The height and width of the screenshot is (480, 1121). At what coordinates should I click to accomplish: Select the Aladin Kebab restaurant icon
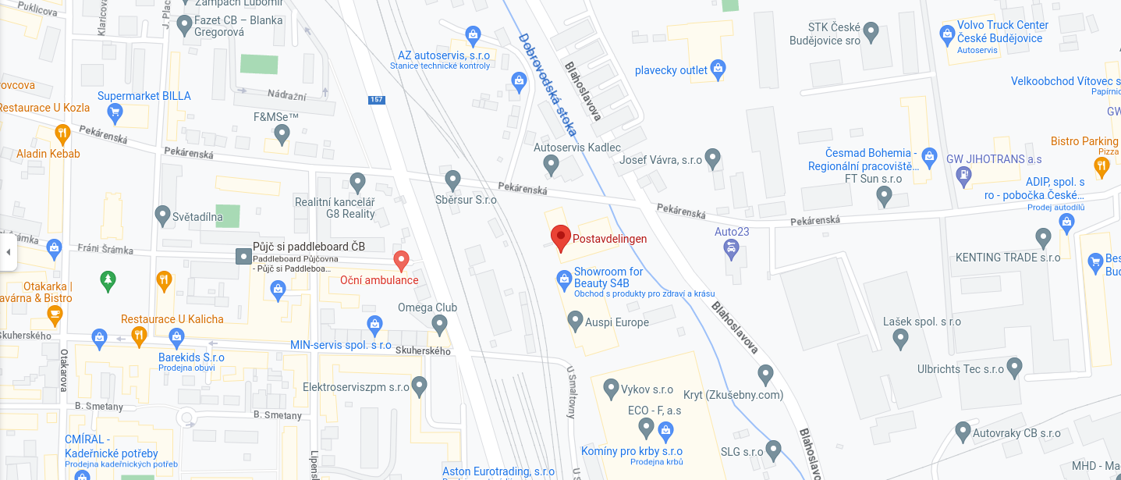click(x=62, y=133)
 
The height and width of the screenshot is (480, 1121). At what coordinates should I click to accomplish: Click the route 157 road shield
click(x=377, y=99)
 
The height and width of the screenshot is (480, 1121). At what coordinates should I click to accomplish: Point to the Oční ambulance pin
click(x=401, y=260)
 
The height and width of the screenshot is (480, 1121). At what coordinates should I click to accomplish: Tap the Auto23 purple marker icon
click(x=731, y=249)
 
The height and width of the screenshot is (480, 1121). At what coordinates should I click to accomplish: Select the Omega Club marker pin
click(x=439, y=324)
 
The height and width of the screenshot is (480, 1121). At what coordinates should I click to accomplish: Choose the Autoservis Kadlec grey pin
click(x=551, y=165)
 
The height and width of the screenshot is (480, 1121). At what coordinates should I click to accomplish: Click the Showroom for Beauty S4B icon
click(x=564, y=278)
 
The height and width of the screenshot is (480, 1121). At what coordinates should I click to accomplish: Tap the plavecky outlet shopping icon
click(x=718, y=69)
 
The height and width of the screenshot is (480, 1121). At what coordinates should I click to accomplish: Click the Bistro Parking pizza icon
click(x=1101, y=165)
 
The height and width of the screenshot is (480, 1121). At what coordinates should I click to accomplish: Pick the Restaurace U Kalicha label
click(x=172, y=319)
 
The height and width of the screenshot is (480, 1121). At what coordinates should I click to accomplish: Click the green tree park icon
click(x=108, y=278)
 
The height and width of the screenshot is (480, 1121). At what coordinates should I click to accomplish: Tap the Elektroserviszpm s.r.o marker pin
click(x=420, y=385)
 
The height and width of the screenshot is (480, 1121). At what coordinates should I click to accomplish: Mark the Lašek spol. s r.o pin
click(x=900, y=339)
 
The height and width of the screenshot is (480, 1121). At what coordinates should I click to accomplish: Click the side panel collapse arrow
click(x=8, y=252)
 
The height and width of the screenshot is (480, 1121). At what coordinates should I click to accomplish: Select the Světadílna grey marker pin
click(x=162, y=213)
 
